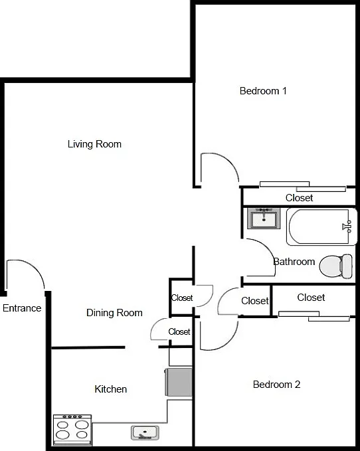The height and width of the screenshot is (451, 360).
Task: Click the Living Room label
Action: [94, 144]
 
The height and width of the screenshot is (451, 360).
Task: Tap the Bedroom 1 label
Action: [263, 91]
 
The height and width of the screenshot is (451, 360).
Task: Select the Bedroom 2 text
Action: [276, 385]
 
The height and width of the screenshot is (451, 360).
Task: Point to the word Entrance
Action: [22, 308]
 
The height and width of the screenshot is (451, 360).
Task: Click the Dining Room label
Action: [114, 313]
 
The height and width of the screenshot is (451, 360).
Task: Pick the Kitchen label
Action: [111, 389]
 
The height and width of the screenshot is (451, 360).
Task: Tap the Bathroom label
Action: [294, 262]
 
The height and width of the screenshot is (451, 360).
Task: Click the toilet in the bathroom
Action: [336, 266]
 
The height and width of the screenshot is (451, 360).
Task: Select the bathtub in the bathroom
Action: [321, 226]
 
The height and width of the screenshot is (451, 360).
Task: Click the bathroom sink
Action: [264, 218]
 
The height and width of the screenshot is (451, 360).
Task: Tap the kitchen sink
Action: [145, 432]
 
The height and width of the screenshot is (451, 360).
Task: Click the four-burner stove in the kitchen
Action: [72, 430]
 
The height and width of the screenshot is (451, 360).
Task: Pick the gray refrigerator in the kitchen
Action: [179, 382]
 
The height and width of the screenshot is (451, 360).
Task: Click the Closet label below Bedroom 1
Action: [299, 198]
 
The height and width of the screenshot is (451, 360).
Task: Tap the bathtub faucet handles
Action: [347, 226]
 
